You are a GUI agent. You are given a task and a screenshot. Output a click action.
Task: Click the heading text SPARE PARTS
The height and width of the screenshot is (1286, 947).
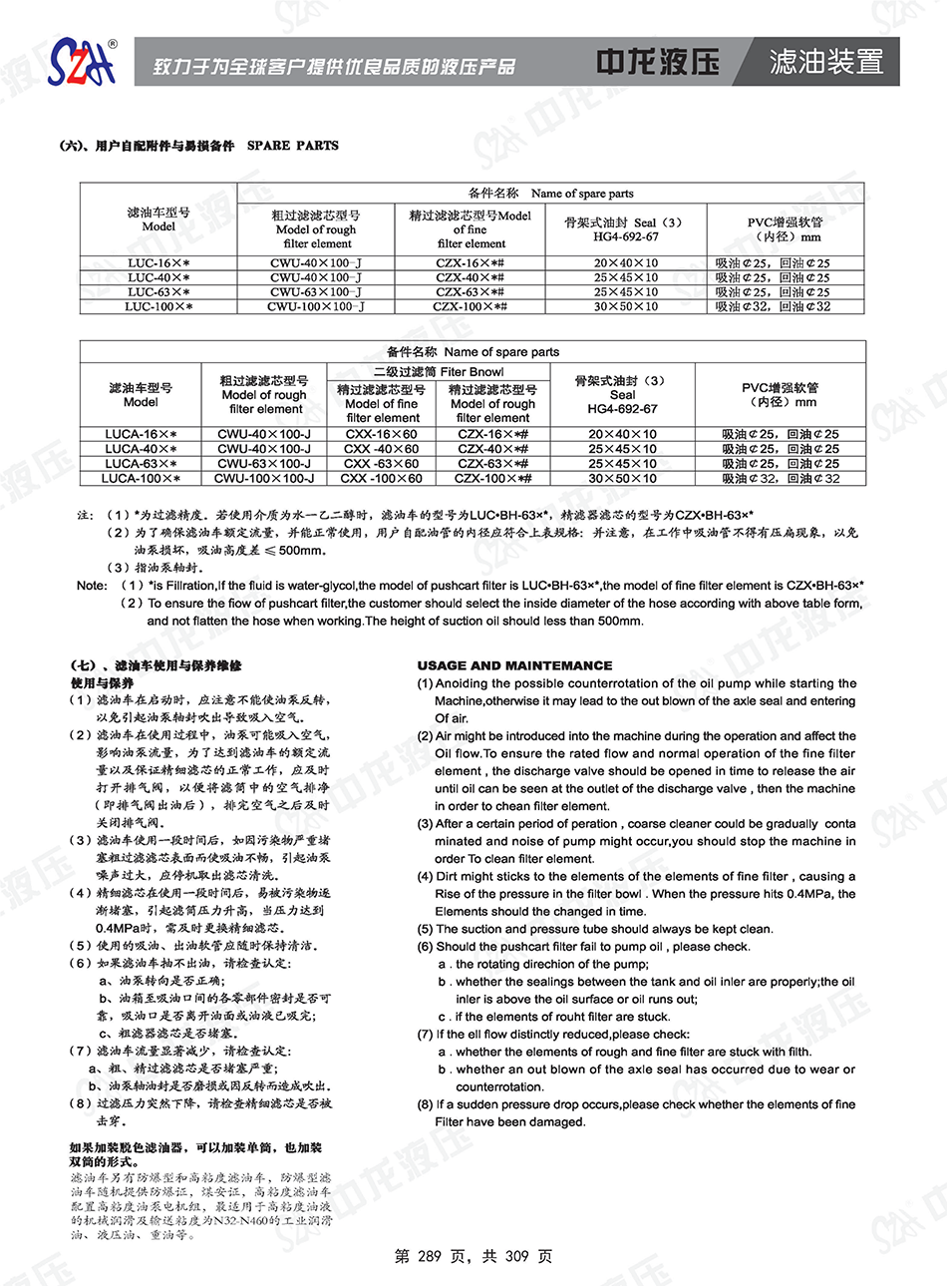pyautogui.click(x=293, y=146)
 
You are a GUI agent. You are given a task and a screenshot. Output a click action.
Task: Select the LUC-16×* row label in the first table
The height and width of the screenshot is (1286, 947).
pyautogui.click(x=158, y=263)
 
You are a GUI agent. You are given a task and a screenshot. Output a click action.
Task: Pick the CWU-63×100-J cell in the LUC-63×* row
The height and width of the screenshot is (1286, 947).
pyautogui.click(x=316, y=292)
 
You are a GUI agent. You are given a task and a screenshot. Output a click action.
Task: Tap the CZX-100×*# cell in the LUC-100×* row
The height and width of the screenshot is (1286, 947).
pyautogui.click(x=470, y=306)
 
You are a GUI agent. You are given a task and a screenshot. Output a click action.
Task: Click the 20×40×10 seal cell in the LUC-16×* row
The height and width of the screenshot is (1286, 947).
pyautogui.click(x=626, y=263)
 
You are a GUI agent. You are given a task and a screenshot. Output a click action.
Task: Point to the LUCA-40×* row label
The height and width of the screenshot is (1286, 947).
pyautogui.click(x=141, y=449)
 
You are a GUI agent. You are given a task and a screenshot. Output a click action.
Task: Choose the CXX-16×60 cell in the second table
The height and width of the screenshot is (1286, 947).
pyautogui.click(x=381, y=435)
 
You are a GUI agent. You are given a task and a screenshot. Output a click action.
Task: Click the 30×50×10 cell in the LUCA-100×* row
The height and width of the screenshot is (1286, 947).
pyautogui.click(x=622, y=479)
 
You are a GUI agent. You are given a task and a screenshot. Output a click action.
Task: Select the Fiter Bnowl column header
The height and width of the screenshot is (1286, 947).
pyautogui.click(x=439, y=372)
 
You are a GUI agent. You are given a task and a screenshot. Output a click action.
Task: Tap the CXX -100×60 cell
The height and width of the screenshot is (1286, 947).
pyautogui.click(x=382, y=479)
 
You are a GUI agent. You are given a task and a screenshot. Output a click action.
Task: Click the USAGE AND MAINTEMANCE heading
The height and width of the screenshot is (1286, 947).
pyautogui.click(x=514, y=665)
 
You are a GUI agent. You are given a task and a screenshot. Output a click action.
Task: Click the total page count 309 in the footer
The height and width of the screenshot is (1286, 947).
pyautogui.click(x=516, y=1256)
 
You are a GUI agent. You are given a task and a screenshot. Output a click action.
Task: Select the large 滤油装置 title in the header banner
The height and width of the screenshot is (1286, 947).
pyautogui.click(x=826, y=62)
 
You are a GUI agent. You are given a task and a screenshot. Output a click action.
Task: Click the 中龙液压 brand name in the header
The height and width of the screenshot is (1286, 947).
pyautogui.click(x=658, y=62)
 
